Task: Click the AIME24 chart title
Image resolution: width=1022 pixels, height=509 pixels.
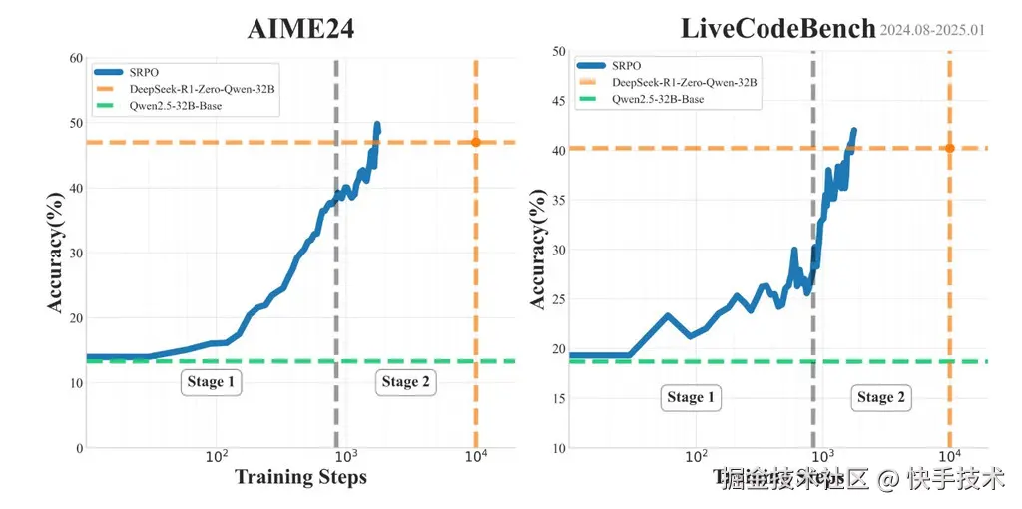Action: point(300,29)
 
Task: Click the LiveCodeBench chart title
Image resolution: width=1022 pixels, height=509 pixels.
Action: point(777,28)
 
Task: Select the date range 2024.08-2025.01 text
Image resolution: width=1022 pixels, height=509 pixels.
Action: point(932,30)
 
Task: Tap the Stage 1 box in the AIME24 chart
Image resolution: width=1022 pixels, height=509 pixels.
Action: point(212,382)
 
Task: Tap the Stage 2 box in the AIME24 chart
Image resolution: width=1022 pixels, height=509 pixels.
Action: point(406,382)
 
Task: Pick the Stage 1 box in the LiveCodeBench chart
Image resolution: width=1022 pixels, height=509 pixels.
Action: point(691,397)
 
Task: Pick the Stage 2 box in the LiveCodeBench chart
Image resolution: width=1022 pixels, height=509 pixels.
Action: point(881,397)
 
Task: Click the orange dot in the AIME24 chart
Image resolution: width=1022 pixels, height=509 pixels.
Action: point(476,142)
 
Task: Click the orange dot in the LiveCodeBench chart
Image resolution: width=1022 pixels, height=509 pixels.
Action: point(949,148)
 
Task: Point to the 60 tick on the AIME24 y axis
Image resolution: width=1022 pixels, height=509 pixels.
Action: point(74,58)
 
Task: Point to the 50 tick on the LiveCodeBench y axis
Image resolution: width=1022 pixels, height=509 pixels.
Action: point(558,51)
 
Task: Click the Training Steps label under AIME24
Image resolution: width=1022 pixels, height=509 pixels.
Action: point(300,477)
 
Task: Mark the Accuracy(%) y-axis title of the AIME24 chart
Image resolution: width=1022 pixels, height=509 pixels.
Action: point(58,254)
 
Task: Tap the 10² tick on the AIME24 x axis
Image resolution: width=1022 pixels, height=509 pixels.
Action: point(217,457)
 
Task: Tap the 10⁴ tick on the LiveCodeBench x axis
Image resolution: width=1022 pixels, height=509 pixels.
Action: point(949,457)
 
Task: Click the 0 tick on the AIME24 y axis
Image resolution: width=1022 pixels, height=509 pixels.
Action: point(78,447)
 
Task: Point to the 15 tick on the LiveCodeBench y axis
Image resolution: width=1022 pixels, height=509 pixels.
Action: point(558,398)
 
